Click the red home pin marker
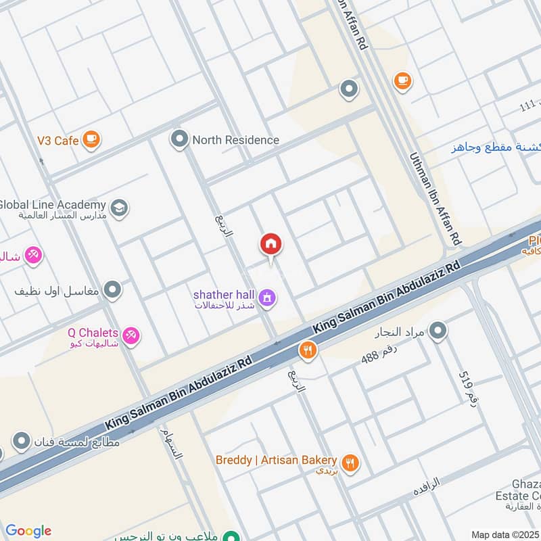(x=271, y=245)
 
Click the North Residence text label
(x=235, y=140)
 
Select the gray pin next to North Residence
(x=179, y=139)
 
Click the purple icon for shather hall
(x=267, y=297)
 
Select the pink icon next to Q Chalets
(x=131, y=334)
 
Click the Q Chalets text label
(x=93, y=333)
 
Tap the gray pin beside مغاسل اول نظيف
(x=113, y=290)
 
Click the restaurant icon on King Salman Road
(x=308, y=350)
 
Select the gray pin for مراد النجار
(x=438, y=331)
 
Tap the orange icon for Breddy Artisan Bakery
(x=350, y=463)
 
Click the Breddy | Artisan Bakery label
(x=276, y=460)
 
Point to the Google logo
(x=28, y=531)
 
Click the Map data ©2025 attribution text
(x=505, y=534)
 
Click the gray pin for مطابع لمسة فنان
(x=22, y=442)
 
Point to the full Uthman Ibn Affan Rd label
(x=437, y=199)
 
